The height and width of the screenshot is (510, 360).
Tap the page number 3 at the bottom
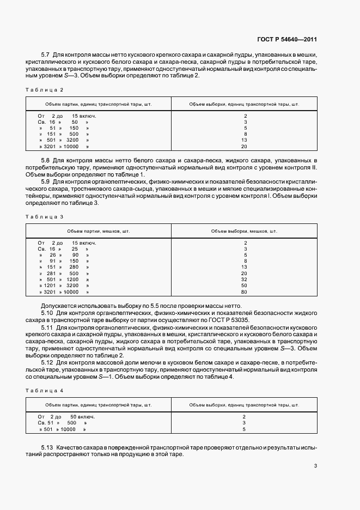pyautogui.click(x=315, y=465)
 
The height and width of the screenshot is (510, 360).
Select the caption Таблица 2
pyautogui.click(x=46, y=89)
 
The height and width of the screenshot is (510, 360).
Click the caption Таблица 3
pyautogui.click(x=46, y=217)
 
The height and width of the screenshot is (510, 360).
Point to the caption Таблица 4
pyautogui.click(x=46, y=391)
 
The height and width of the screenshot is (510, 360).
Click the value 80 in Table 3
pyautogui.click(x=245, y=292)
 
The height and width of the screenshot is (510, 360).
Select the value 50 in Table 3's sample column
pyautogui.click(x=245, y=285)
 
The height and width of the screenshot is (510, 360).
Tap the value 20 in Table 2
pyautogui.click(x=245, y=147)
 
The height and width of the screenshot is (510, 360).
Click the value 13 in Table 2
pyautogui.click(x=245, y=140)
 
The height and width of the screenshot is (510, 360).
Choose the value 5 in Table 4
pyautogui.click(x=245, y=429)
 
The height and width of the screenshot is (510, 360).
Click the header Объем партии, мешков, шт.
pyautogui.click(x=99, y=231)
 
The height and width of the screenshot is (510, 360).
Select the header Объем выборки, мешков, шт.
pyautogui.click(x=245, y=231)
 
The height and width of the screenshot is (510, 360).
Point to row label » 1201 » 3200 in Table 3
pyautogui.click(x=64, y=285)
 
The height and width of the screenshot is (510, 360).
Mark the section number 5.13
pyautogui.click(x=47, y=447)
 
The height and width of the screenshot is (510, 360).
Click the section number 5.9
pyautogui.click(x=45, y=181)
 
